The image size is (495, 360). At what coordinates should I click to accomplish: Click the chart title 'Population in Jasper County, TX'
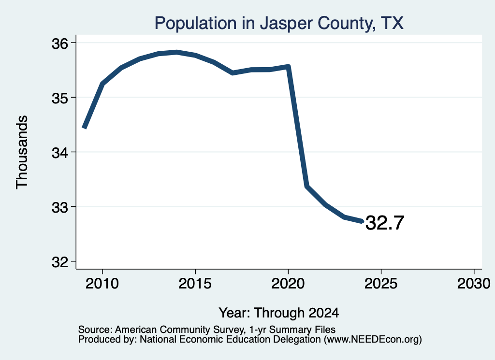pyautogui.click(x=279, y=23)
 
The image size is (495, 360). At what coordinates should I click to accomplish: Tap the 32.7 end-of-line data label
pyautogui.click(x=384, y=223)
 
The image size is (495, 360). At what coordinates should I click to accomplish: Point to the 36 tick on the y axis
pyautogui.click(x=60, y=43)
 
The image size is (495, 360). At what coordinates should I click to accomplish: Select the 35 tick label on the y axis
pyautogui.click(x=60, y=98)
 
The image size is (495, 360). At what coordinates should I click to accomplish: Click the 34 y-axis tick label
pyautogui.click(x=60, y=153)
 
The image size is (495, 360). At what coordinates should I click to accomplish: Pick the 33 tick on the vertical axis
pyautogui.click(x=60, y=208)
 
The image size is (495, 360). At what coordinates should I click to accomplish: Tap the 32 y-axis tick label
pyautogui.click(x=60, y=262)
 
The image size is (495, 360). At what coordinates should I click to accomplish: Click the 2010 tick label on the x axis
pyautogui.click(x=102, y=283)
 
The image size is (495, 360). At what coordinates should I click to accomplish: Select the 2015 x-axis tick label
pyautogui.click(x=195, y=283)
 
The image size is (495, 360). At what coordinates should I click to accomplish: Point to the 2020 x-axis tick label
pyautogui.click(x=288, y=283)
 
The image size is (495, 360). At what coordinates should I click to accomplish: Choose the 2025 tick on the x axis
pyautogui.click(x=381, y=283)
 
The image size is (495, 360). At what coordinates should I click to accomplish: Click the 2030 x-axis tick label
pyautogui.click(x=474, y=283)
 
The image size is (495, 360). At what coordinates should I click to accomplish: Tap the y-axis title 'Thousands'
pyautogui.click(x=22, y=152)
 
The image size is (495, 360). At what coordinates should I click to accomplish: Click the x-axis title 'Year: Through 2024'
pyautogui.click(x=279, y=313)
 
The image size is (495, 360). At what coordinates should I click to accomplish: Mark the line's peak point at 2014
pyautogui.click(x=177, y=52)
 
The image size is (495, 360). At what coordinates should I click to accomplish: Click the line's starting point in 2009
pyautogui.click(x=84, y=128)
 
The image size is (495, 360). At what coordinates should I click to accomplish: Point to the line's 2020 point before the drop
pyautogui.click(x=288, y=66)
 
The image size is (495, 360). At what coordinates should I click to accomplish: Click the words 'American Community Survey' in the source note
pyautogui.click(x=179, y=330)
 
